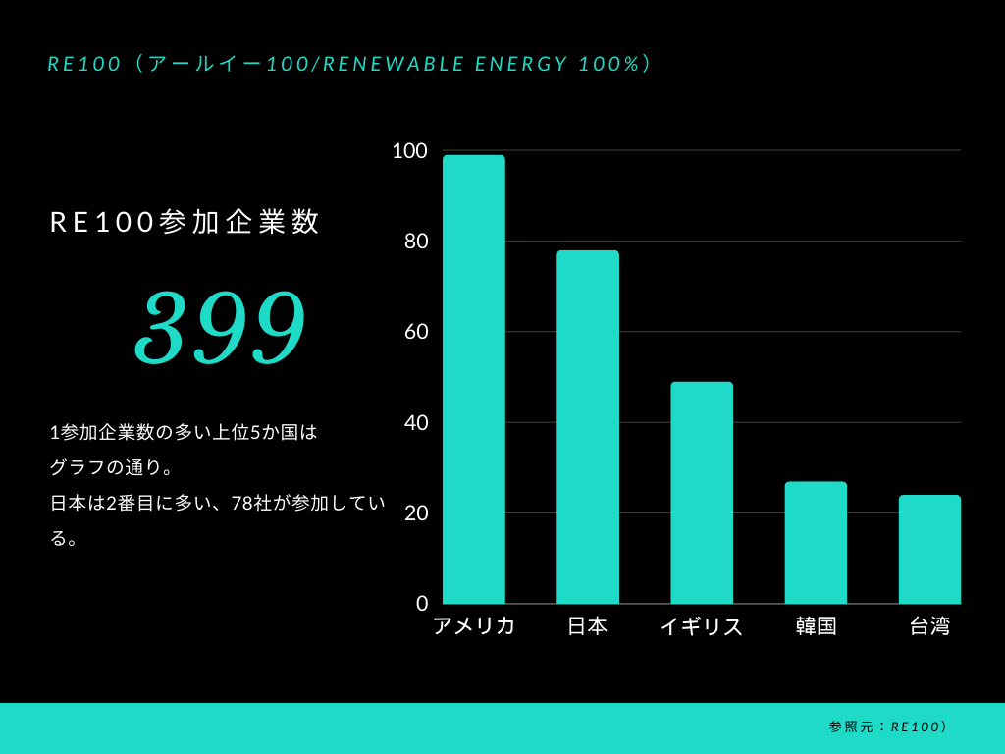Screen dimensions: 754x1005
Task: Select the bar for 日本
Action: coord(588,427)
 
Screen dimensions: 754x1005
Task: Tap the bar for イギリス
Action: coord(702,493)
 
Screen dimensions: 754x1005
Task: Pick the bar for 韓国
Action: coord(816,542)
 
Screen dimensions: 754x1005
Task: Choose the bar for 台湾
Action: coord(929,549)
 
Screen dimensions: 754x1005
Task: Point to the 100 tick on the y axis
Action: coord(409,150)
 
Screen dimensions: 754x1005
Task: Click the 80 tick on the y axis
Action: coord(416,241)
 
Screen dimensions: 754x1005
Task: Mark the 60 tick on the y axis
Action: coord(416,332)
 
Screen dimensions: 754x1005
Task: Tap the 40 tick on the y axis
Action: coord(416,422)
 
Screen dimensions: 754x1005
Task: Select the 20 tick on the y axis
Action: coord(416,512)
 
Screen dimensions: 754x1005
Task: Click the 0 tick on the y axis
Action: coord(422,603)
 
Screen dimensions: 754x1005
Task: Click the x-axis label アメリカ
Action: coord(474,626)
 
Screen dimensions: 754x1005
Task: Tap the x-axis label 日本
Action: coord(588,626)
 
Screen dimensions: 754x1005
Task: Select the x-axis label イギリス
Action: coord(702,626)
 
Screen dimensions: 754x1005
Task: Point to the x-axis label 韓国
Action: coord(816,626)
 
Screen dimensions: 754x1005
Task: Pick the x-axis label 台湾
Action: coord(929,626)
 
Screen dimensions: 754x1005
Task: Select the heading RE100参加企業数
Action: coord(185,222)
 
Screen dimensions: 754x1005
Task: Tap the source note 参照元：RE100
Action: coord(887,727)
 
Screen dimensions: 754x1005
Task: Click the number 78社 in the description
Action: coord(251,503)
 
